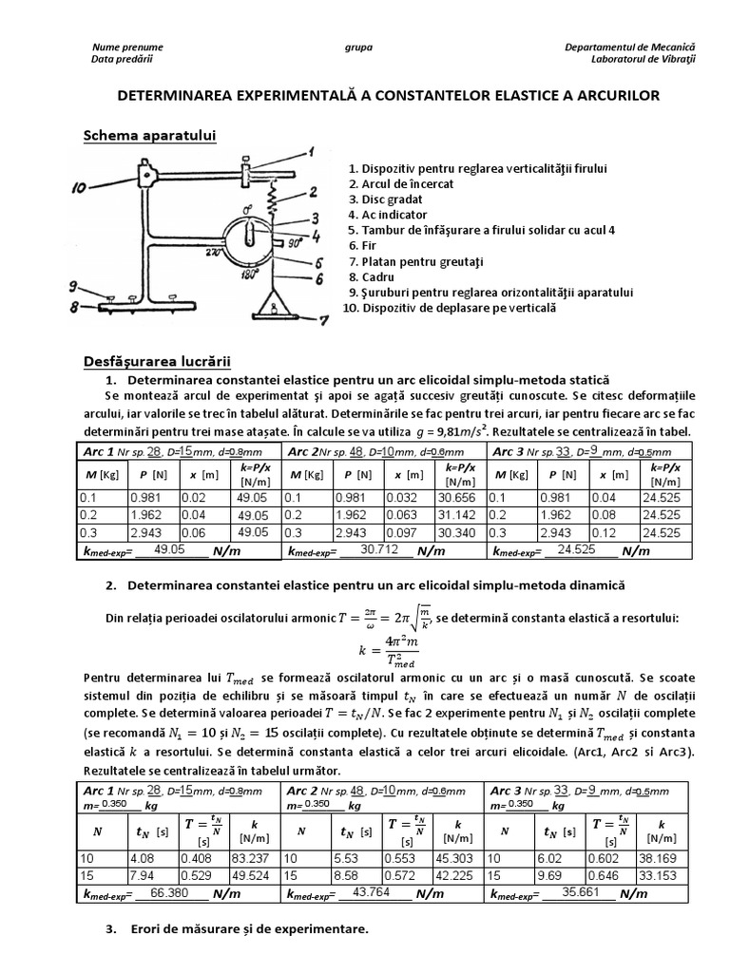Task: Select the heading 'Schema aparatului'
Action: (x=150, y=137)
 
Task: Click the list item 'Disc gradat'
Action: (x=390, y=200)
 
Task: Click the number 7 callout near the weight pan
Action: (x=324, y=320)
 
